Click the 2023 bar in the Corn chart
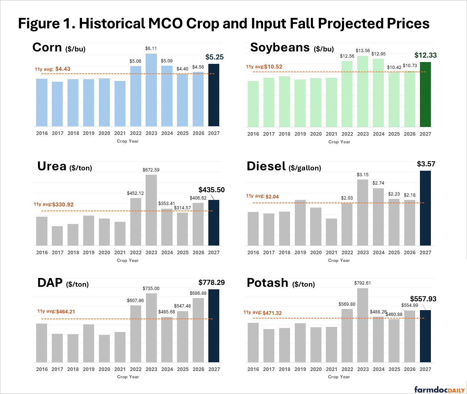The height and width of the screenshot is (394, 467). pos(151,90)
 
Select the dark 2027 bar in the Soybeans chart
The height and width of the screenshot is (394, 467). pos(425,94)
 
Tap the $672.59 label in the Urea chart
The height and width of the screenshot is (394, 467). pos(151,170)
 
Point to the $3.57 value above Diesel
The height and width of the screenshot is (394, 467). pos(426,164)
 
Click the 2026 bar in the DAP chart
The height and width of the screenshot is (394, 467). pos(198,330)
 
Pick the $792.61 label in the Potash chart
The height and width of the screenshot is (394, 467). pos(362,283)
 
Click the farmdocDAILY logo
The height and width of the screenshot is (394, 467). pos(440,390)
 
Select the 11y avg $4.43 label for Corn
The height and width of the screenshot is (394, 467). pos(52,69)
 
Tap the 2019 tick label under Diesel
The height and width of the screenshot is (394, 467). pos(300,252)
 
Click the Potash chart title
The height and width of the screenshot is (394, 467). pos(281,283)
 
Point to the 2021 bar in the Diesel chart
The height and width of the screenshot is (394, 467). pos(331,232)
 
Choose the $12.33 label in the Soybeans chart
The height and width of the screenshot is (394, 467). pos(425,55)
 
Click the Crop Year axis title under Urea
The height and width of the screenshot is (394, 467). pos(127,260)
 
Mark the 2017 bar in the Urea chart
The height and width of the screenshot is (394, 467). pos(57,236)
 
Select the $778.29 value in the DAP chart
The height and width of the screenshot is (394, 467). pos(212,282)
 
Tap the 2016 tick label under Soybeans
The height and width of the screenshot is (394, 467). pos(253,134)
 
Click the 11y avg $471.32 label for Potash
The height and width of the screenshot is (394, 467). pos(263,313)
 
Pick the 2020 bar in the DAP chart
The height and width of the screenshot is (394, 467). pos(104,349)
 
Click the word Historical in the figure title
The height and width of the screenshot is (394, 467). pos(112,24)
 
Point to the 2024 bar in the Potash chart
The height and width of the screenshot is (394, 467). pos(378,339)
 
